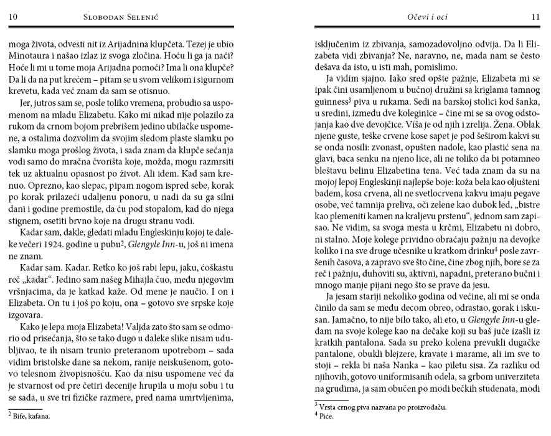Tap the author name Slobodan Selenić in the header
(122, 17)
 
